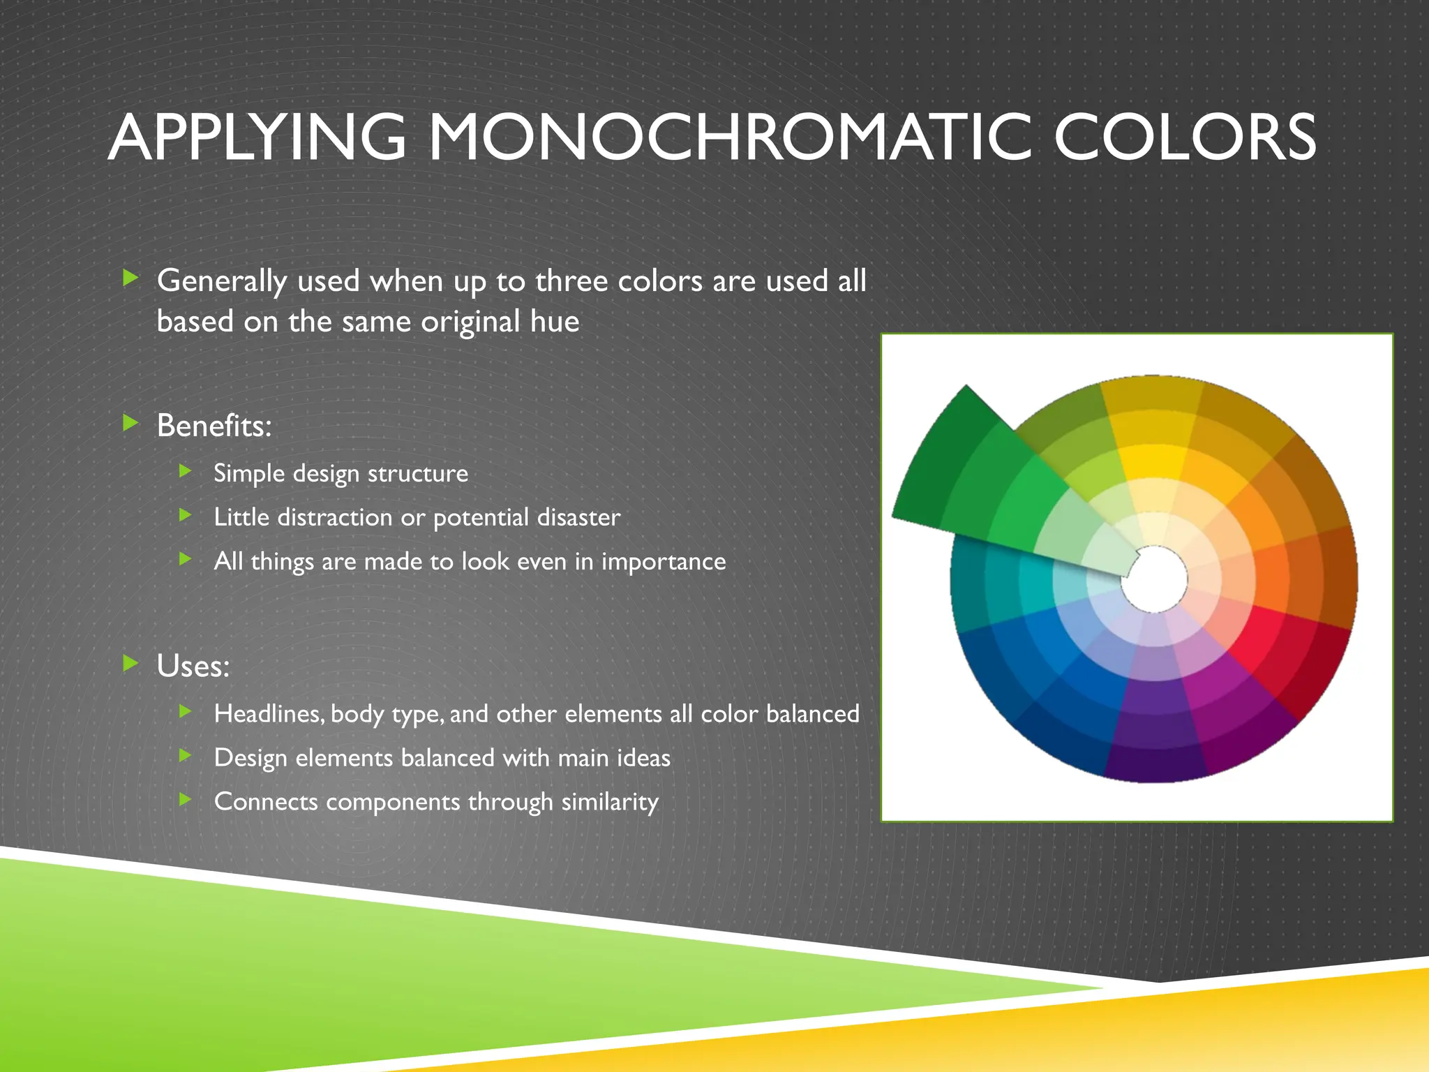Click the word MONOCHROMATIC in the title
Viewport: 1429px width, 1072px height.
click(729, 137)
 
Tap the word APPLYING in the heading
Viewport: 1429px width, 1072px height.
click(257, 137)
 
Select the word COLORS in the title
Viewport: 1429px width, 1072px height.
click(1185, 137)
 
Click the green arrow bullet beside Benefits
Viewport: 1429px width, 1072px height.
click(130, 422)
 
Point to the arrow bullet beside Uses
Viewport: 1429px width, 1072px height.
click(130, 663)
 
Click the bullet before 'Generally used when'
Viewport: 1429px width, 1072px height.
click(130, 278)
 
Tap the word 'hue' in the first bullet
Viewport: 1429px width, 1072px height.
click(555, 322)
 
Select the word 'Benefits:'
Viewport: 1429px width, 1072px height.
click(214, 426)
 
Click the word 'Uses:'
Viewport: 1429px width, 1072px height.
click(193, 666)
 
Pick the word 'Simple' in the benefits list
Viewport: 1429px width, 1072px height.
click(249, 474)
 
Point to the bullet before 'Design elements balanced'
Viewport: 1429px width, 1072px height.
click(185, 755)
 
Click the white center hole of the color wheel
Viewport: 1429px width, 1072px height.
click(1154, 579)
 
